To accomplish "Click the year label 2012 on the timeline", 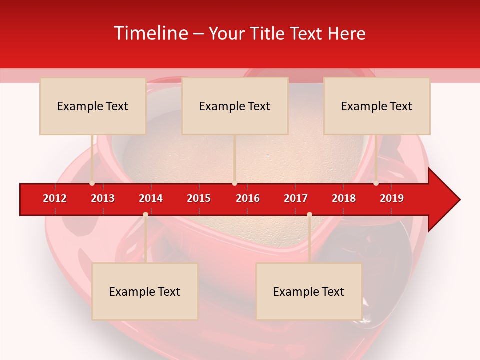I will click(55, 198).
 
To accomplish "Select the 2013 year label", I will click(103, 198).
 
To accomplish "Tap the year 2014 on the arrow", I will click(151, 198).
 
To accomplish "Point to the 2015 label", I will click(199, 198).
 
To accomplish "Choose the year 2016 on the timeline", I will click(248, 198).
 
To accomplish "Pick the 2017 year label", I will click(296, 198).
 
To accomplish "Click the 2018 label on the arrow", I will click(344, 198).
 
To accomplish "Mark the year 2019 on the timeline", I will click(392, 198).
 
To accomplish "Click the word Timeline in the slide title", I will click(150, 33).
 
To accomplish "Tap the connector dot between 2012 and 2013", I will click(92, 183).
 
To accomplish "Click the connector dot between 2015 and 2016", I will click(234, 183).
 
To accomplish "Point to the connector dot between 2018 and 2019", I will click(376, 183).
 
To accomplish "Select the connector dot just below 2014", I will click(145, 215).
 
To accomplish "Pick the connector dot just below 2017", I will click(309, 215).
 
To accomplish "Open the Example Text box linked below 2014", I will click(145, 292).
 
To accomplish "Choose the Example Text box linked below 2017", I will click(309, 292).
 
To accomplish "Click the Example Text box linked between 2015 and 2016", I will click(235, 106).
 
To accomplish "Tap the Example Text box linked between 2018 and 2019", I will click(377, 106).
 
